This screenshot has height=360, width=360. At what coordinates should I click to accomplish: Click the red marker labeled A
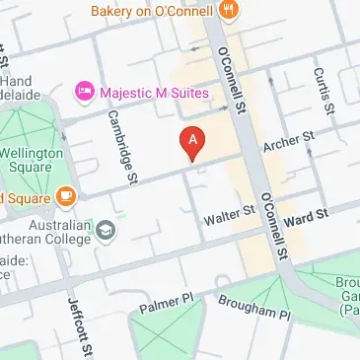(193, 143)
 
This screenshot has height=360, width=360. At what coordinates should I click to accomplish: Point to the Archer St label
(288, 139)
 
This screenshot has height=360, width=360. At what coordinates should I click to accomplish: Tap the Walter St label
(229, 213)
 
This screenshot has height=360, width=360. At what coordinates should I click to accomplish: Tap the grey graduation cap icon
(106, 232)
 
